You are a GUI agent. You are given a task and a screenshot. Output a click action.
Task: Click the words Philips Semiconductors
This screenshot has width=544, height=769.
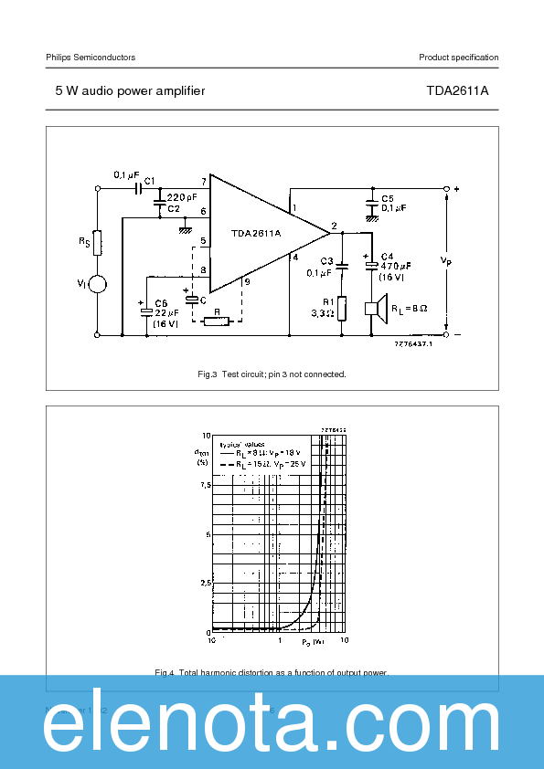coord(91,58)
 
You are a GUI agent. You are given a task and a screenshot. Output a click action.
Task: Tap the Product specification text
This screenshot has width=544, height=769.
coord(459,58)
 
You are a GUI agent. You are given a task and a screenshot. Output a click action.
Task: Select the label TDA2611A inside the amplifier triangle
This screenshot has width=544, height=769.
coord(256,233)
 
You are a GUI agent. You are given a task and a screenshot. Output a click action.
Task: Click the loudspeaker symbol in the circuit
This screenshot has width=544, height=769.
coord(375,308)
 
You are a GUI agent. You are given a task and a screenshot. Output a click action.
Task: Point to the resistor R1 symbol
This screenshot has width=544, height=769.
coord(342,308)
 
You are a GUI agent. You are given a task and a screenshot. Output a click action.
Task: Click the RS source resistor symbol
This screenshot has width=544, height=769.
coord(98,243)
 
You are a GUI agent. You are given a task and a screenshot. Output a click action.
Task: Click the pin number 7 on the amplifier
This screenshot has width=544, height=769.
coord(203,183)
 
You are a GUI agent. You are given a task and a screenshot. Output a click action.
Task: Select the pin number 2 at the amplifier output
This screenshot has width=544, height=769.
coord(334,225)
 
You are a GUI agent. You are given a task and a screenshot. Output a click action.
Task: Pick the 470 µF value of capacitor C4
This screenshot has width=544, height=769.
coord(395,266)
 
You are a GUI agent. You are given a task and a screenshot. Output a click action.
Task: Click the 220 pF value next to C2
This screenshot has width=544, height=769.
coord(182,197)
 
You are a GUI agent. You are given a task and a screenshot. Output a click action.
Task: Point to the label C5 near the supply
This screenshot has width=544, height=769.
coord(388,198)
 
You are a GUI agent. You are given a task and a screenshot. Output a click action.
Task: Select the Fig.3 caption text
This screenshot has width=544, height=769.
coord(272,374)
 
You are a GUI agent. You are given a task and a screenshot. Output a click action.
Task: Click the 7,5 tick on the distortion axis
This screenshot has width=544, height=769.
coord(203,485)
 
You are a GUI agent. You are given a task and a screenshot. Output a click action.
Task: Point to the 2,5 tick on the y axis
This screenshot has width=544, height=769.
coord(203,582)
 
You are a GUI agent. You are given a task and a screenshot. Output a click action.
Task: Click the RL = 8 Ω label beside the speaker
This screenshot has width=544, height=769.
coord(411,308)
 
